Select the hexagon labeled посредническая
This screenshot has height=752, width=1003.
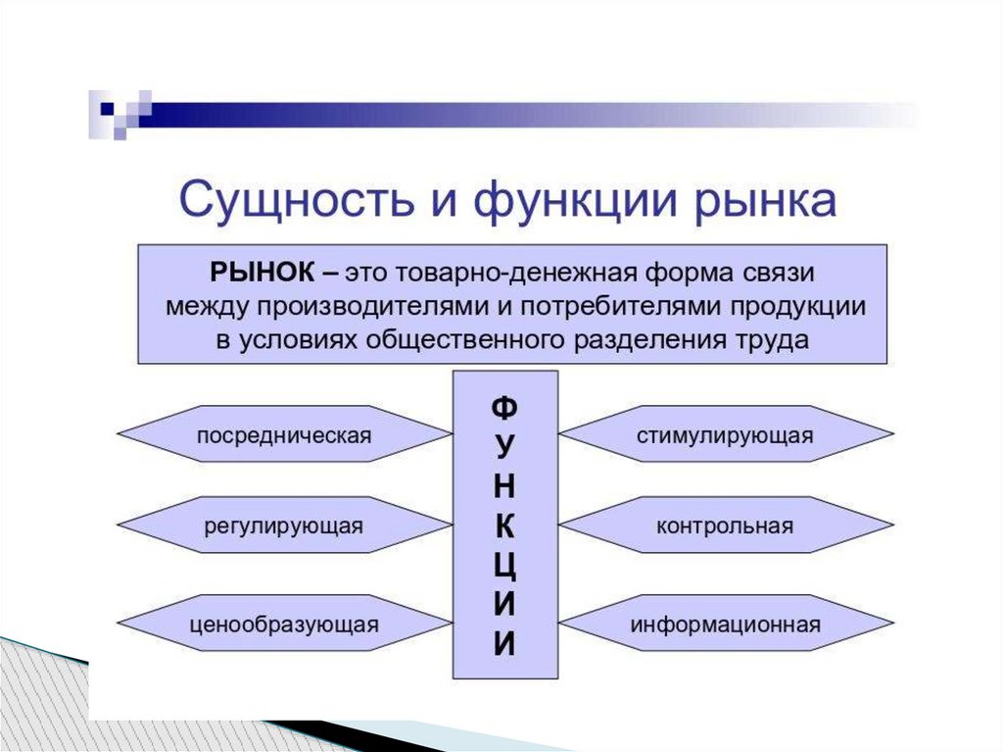click(284, 433)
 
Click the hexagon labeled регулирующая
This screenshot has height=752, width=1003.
click(284, 526)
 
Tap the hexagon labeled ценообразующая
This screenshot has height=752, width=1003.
click(284, 623)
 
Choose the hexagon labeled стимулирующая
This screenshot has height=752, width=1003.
click(725, 433)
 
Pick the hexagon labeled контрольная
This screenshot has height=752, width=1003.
click(725, 526)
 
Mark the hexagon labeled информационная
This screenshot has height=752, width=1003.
click(725, 623)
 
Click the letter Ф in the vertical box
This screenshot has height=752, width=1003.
click(504, 406)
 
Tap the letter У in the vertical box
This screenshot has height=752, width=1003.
click(504, 446)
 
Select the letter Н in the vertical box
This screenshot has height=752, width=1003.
click(504, 486)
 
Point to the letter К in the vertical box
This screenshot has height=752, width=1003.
click(504, 526)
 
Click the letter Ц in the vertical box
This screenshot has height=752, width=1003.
click(504, 568)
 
